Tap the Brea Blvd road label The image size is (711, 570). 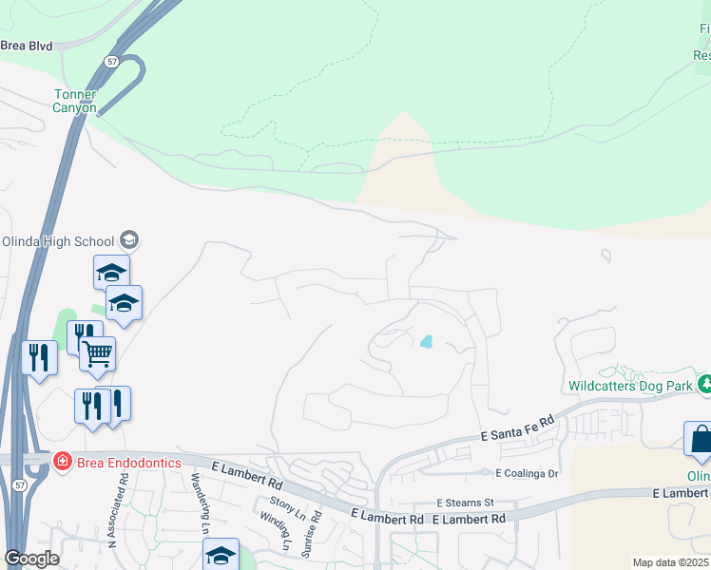(27, 45)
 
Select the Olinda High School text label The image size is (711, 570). (57, 240)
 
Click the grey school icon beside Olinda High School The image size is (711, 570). (130, 240)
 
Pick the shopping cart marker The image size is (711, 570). (98, 354)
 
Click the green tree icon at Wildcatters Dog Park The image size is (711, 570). (705, 385)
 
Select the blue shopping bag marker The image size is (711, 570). (700, 439)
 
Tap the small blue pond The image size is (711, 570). (426, 341)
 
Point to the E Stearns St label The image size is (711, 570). (466, 502)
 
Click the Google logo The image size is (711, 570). (30, 559)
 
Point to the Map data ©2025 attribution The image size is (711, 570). (670, 562)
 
